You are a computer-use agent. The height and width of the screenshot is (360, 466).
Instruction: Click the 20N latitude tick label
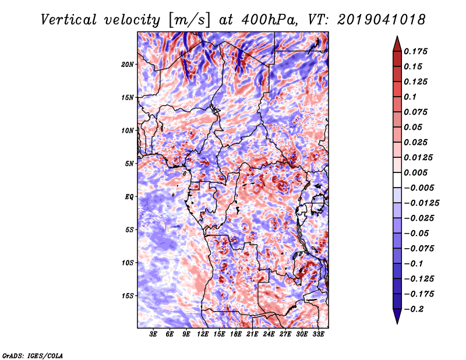tap(128, 65)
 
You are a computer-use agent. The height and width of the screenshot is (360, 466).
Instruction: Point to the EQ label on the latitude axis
tap(129, 197)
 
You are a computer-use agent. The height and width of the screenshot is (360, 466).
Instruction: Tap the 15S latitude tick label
tap(128, 296)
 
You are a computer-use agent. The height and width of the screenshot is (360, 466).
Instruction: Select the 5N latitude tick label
tap(129, 164)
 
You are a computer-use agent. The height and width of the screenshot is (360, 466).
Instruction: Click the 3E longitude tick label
tap(153, 334)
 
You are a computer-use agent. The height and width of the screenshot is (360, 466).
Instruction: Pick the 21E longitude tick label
tap(252, 334)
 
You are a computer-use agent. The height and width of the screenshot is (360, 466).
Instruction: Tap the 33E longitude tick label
tap(318, 334)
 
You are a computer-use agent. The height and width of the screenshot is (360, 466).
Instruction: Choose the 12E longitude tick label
tap(203, 334)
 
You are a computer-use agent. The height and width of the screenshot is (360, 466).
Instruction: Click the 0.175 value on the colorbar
tap(415, 52)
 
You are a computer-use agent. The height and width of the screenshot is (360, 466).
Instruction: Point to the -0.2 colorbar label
tap(414, 309)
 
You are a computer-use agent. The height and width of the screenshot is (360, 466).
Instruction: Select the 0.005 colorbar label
tap(415, 172)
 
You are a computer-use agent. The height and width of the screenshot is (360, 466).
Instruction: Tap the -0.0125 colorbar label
tap(421, 203)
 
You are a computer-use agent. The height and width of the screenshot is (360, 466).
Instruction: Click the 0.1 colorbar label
tap(410, 97)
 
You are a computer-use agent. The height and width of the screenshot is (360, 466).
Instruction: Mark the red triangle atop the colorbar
tap(397, 44)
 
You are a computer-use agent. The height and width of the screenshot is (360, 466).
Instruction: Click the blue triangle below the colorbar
tap(397, 316)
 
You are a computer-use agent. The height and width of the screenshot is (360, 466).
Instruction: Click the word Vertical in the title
tap(69, 20)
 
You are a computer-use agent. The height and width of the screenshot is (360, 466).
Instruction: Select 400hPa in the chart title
tap(269, 20)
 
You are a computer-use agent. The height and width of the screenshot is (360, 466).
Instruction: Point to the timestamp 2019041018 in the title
tap(382, 20)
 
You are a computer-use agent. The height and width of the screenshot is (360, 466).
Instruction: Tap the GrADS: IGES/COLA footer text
tap(33, 355)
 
